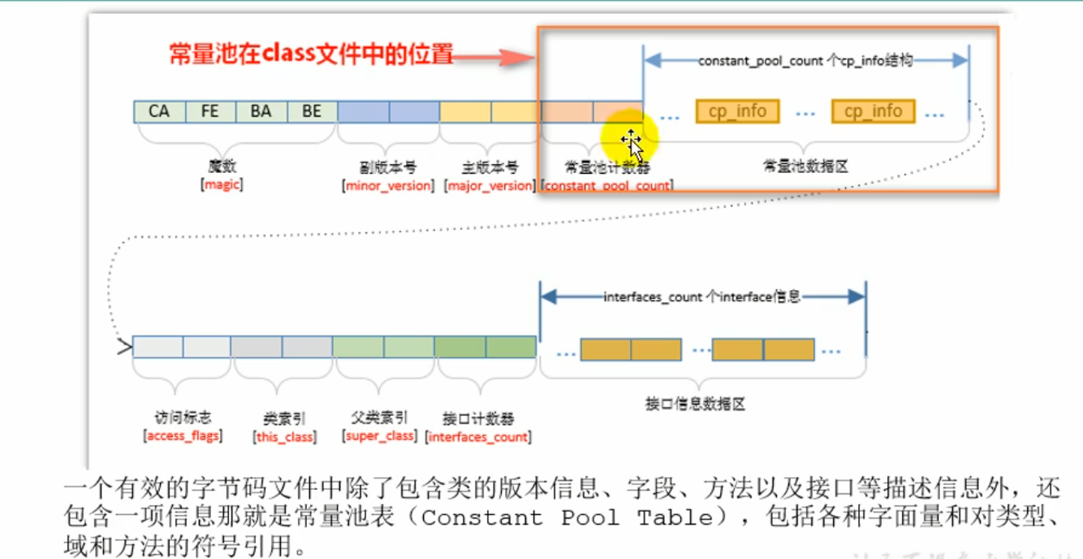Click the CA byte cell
tap(159, 111)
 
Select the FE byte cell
tap(210, 111)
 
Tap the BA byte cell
tap(261, 111)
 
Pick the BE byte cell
tap(312, 111)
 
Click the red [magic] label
tap(222, 185)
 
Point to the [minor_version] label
tap(389, 185)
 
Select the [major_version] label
tap(490, 185)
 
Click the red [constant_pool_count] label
tap(606, 186)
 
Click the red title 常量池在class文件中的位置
tap(309, 54)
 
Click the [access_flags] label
tap(183, 437)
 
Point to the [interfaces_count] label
tap(478, 437)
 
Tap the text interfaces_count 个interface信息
tap(702, 297)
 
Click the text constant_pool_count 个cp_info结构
tap(805, 61)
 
